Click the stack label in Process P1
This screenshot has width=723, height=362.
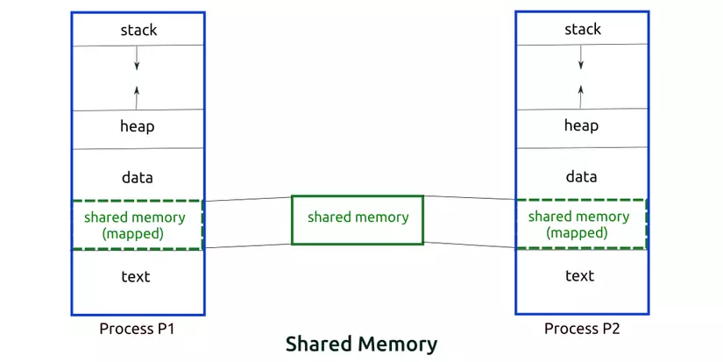pyautogui.click(x=138, y=30)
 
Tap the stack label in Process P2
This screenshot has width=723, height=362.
pyautogui.click(x=582, y=30)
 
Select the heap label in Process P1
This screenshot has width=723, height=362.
pyautogui.click(x=138, y=126)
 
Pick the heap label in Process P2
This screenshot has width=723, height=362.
pyautogui.click(x=581, y=125)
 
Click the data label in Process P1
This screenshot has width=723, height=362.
pyautogui.click(x=138, y=177)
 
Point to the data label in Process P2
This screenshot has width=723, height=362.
pyautogui.click(x=581, y=176)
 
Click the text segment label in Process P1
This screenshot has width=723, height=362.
pyautogui.click(x=136, y=277)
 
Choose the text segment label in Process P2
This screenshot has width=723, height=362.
pyautogui.click(x=579, y=276)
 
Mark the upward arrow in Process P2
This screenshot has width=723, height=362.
pyautogui.click(x=580, y=94)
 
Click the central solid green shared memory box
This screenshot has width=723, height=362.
pyautogui.click(x=358, y=218)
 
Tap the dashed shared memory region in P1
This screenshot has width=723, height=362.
pyautogui.click(x=136, y=225)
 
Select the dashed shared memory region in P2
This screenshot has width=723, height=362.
pyautogui.click(x=579, y=224)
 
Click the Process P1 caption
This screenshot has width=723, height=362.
pyautogui.click(x=136, y=329)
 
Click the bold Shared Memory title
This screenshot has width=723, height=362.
pyautogui.click(x=360, y=344)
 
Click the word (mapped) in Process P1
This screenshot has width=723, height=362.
pyautogui.click(x=134, y=234)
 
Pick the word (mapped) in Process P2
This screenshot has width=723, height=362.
pyautogui.click(x=577, y=233)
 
